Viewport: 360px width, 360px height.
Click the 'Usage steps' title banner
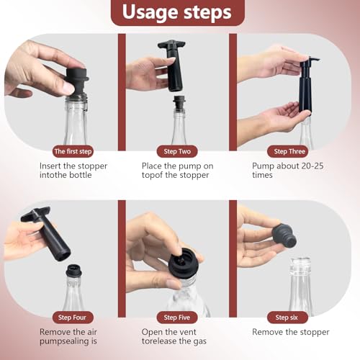click(177, 12)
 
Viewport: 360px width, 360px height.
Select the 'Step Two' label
click(176, 151)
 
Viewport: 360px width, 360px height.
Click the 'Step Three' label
click(289, 151)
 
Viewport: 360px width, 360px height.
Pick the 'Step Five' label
click(176, 317)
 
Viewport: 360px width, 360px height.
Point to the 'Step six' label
click(289, 317)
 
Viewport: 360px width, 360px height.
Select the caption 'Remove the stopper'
click(290, 332)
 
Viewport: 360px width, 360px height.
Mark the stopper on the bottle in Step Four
click(73, 272)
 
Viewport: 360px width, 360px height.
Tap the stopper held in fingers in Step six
click(284, 235)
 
